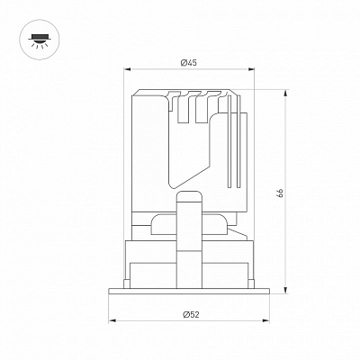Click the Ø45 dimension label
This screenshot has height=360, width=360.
point(188,63)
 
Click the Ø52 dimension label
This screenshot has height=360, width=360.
point(191,314)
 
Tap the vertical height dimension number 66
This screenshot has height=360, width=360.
point(280,193)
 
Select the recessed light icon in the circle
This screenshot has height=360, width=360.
point(40,40)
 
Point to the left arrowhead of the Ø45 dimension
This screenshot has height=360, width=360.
point(128,69)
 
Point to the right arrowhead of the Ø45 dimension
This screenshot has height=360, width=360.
point(250,69)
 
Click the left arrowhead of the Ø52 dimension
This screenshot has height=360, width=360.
point(112,320)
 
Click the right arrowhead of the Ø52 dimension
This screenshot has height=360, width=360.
point(265,320)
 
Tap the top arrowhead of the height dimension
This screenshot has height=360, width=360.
point(285,94)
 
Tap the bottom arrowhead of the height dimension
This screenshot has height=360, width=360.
point(285,289)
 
